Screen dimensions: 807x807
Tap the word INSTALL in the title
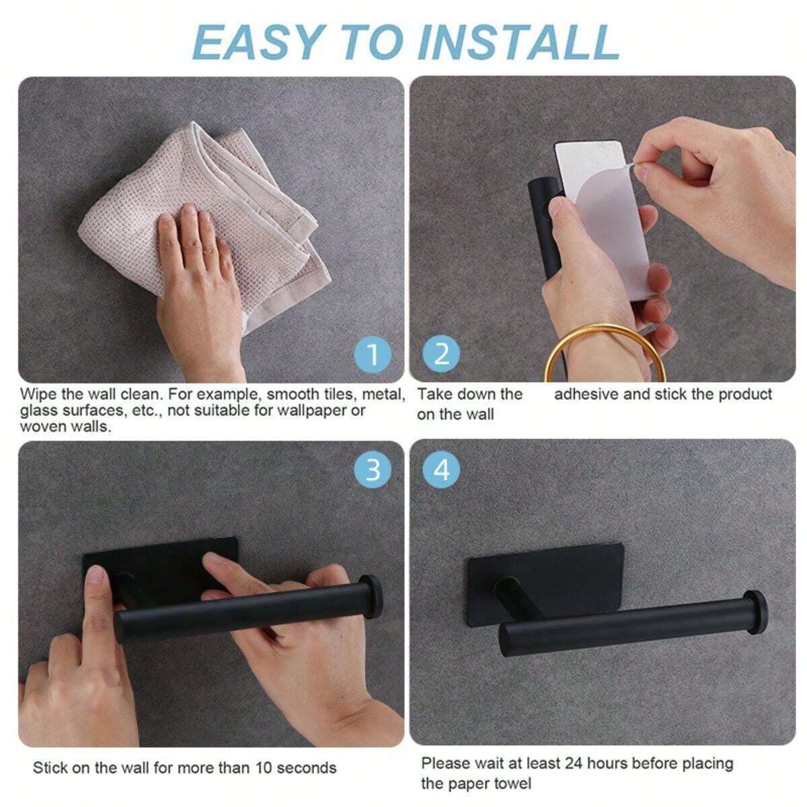coord(518,43)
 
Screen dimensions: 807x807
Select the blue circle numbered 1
coord(373,354)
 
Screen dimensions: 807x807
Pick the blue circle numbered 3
coord(373,470)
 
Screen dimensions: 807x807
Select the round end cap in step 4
coord(757,615)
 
